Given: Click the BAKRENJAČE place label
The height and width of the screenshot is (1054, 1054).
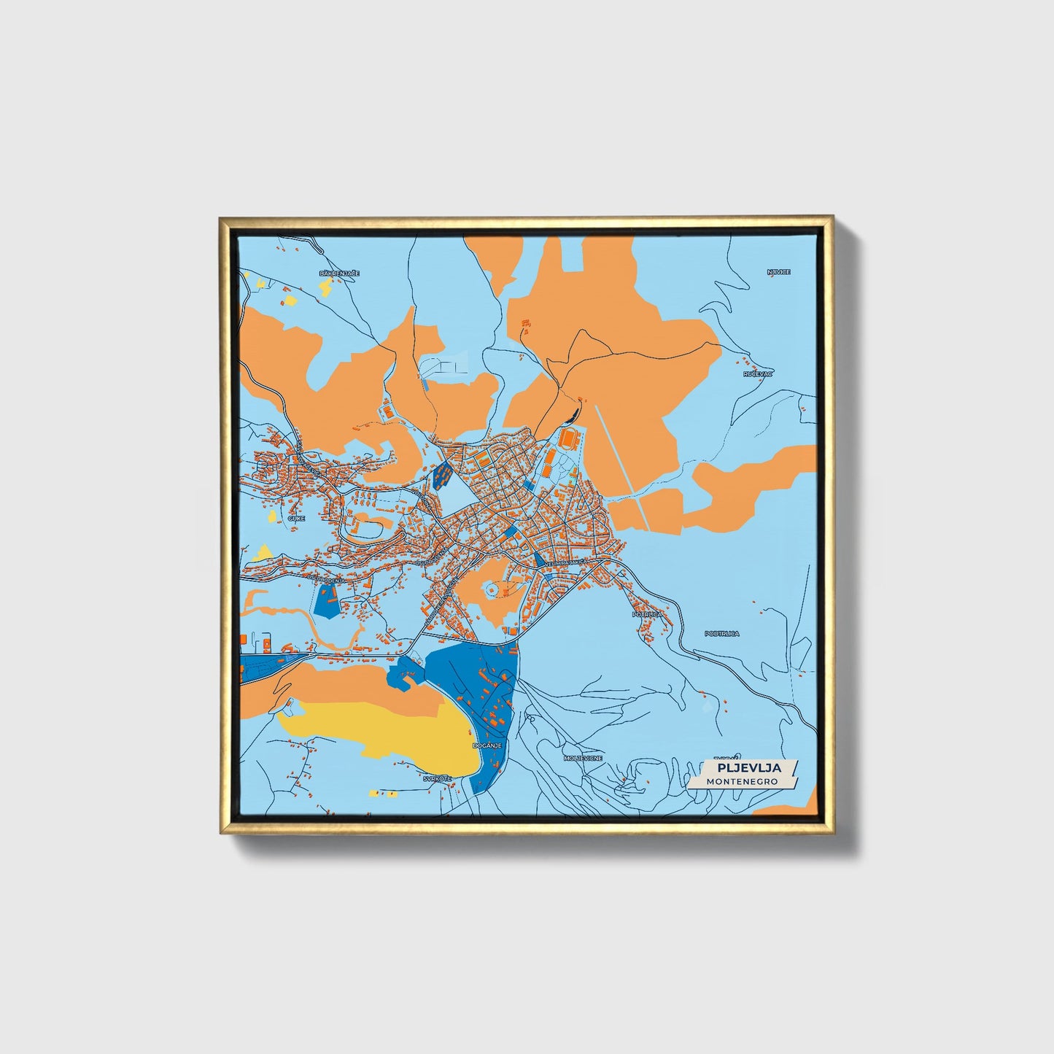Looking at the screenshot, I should [339, 274].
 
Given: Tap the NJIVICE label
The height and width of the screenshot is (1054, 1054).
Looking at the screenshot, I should [778, 272].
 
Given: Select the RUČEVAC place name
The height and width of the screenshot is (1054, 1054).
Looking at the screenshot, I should [758, 373].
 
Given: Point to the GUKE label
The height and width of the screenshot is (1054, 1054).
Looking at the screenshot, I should [295, 518].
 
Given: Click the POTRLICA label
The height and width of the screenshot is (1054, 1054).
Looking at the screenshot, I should [647, 615].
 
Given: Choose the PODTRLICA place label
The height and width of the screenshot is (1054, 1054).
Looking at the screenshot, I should [721, 634].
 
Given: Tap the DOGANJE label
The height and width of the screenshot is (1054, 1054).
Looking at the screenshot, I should [485, 745].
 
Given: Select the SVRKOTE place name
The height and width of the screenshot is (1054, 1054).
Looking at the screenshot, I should [437, 778].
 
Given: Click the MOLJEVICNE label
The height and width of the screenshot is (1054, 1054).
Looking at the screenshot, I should [583, 759].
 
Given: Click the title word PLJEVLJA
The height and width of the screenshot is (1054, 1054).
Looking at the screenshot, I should [748, 767].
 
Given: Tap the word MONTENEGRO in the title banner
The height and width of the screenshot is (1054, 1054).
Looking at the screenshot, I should [742, 781].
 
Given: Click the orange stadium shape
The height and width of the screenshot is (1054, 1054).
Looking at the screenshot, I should [568, 439].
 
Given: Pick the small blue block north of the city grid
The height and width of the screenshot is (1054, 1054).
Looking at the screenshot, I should [441, 476].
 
